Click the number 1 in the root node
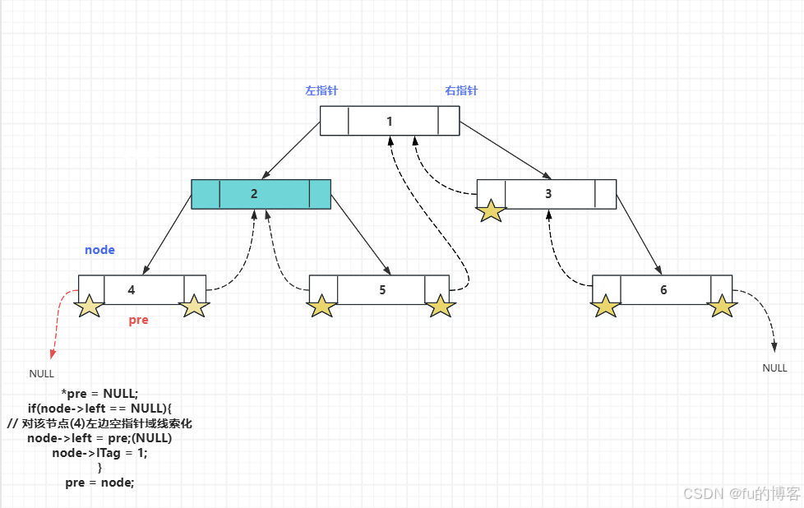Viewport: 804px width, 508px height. click(x=390, y=122)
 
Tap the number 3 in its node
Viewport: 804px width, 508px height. click(x=548, y=194)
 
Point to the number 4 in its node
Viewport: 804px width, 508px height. click(x=132, y=289)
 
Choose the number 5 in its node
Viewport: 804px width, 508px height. click(x=382, y=289)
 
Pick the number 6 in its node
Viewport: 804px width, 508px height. click(x=663, y=289)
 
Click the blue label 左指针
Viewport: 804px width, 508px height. click(x=321, y=90)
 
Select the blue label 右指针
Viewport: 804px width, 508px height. click(x=461, y=90)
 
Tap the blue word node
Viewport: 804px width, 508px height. click(x=99, y=250)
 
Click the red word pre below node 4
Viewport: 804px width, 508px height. click(x=139, y=320)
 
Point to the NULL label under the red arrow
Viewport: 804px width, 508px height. click(x=41, y=373)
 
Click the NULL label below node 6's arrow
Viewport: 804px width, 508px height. click(x=774, y=368)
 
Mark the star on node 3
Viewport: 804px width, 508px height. click(x=492, y=210)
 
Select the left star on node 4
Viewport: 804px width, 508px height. click(x=89, y=307)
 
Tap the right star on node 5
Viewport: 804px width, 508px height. click(x=441, y=306)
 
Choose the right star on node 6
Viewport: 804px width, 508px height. click(x=722, y=306)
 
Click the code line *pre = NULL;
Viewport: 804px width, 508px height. click(x=99, y=394)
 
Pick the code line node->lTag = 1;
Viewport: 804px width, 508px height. click(x=99, y=453)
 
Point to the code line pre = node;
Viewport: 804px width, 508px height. click(x=99, y=483)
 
